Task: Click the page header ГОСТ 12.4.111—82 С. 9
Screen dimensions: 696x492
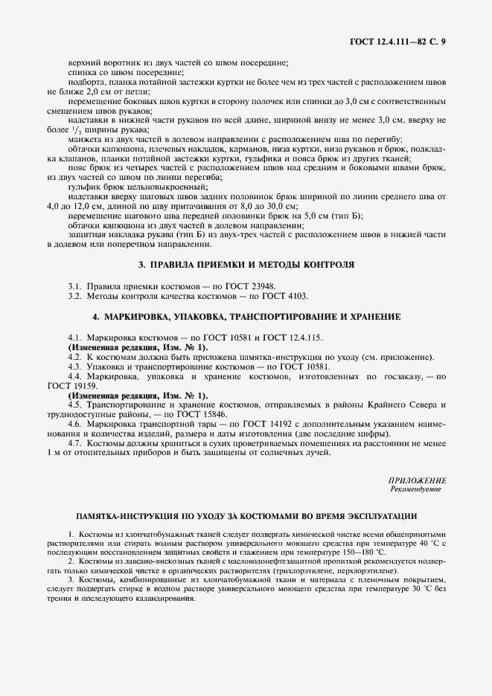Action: [x=397, y=41]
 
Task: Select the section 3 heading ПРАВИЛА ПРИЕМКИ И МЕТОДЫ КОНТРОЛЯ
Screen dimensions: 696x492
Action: [x=246, y=265]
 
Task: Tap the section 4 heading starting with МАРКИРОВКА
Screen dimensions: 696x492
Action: [x=246, y=317]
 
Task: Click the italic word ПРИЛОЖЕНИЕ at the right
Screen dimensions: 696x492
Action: [x=418, y=481]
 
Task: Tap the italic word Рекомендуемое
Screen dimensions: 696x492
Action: [x=416, y=490]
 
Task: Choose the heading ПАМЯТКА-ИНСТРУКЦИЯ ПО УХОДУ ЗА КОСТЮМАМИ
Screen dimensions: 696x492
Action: [x=246, y=515]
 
